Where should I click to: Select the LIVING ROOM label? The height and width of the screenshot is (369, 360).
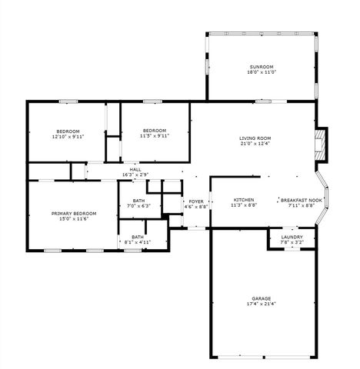tap(255, 138)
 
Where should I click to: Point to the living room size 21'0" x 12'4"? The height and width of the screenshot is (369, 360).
tap(255, 143)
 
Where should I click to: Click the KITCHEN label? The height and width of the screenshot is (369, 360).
tap(244, 200)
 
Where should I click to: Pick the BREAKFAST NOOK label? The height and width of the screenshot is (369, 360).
tap(301, 200)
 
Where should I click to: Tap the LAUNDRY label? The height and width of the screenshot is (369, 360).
tap(292, 237)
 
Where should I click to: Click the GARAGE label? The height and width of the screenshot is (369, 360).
tap(261, 298)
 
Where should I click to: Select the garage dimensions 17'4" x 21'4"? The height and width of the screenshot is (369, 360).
tap(261, 304)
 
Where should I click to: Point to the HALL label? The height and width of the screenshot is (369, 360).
tap(135, 169)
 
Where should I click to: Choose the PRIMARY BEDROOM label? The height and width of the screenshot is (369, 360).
tap(74, 213)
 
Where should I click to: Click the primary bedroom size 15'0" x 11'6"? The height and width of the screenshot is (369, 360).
tap(74, 218)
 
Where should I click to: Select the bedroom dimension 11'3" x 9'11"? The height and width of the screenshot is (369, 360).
tap(155, 136)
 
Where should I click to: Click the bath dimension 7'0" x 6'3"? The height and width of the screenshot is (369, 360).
tap(138, 205)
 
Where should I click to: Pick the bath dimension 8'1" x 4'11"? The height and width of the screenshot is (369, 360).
tap(137, 242)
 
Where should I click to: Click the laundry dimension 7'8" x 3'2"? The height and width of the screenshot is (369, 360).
tap(292, 242)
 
